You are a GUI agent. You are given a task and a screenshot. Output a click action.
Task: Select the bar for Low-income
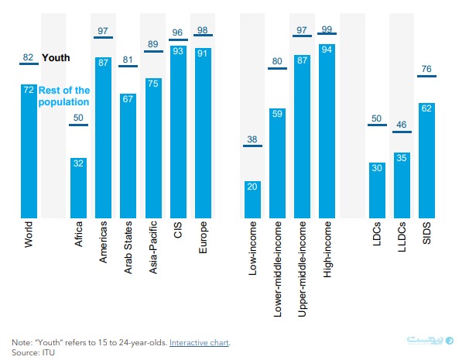point(252,199)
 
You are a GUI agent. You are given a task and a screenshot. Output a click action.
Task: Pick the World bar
point(29,151)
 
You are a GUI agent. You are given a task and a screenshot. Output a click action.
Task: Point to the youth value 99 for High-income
point(327,29)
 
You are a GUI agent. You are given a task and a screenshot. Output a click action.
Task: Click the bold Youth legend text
point(56,57)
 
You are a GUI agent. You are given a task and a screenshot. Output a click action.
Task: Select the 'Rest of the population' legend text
point(64,97)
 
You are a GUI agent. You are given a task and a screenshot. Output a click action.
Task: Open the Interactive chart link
point(200,341)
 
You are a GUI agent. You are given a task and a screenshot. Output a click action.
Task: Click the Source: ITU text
point(33,351)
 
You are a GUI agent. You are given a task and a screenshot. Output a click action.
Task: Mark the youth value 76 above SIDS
point(426,67)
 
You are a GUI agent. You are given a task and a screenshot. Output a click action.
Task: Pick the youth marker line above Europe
point(203,36)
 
